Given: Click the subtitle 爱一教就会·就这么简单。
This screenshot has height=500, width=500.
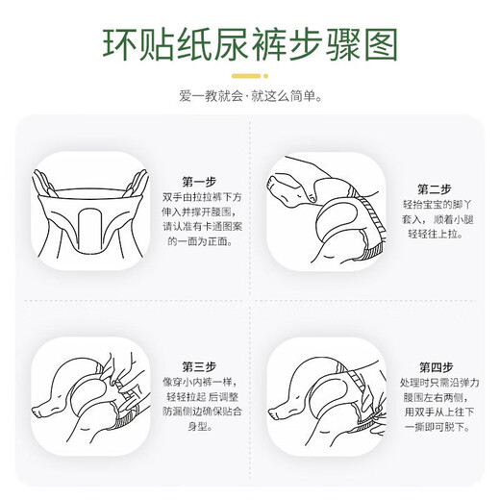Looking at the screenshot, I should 250,97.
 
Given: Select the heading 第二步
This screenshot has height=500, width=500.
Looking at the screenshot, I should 434,188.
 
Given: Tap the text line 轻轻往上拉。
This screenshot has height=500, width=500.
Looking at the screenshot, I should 435,236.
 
